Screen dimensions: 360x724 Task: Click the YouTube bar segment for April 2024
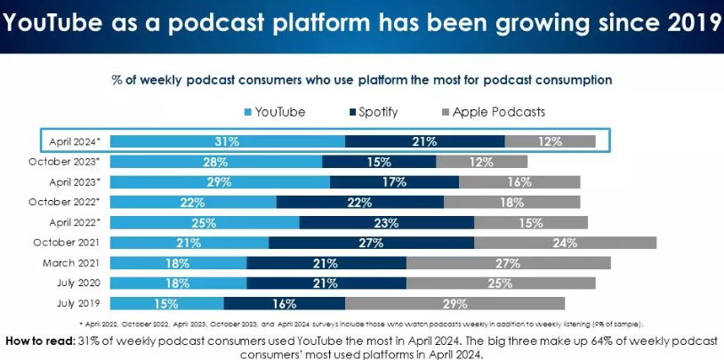pyautogui.click(x=228, y=140)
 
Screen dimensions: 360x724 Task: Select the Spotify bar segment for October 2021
pyautogui.click(x=371, y=243)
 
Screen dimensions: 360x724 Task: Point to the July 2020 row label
pyautogui.click(x=75, y=284)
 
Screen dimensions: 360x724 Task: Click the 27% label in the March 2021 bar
pyautogui.click(x=508, y=263)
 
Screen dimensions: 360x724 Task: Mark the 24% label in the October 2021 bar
pyautogui.click(x=565, y=243)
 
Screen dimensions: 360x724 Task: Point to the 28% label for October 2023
pyautogui.click(x=216, y=161)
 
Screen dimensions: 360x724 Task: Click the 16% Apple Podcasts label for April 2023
pyautogui.click(x=519, y=181)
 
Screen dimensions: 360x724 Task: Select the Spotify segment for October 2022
pyautogui.click(x=360, y=202)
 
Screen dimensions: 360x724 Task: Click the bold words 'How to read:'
pyautogui.click(x=40, y=340)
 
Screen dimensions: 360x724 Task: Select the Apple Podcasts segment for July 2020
pyautogui.click(x=501, y=284)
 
